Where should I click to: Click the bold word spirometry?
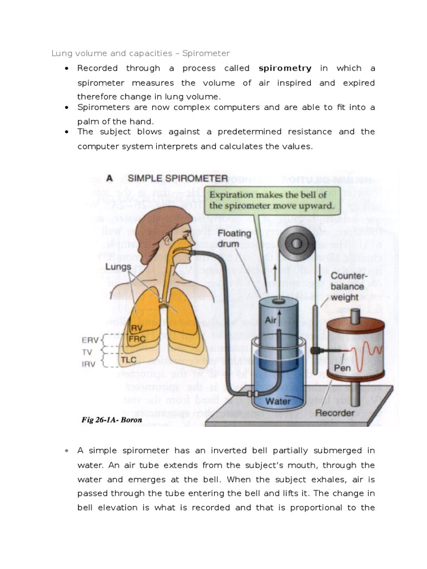click(285, 68)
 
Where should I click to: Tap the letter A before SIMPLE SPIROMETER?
click(110, 178)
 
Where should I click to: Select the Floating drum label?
click(235, 237)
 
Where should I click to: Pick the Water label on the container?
click(278, 400)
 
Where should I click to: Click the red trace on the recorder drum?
click(369, 352)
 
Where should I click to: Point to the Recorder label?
click(350, 413)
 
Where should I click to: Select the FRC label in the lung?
click(137, 338)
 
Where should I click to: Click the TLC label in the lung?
click(129, 360)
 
